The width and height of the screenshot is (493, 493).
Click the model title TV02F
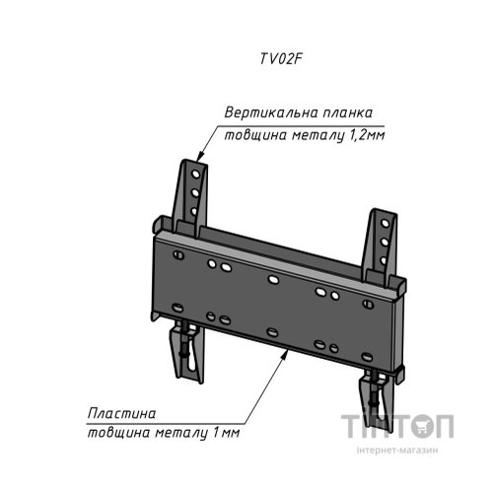[281, 59]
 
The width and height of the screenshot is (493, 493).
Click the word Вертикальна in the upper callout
[271, 112]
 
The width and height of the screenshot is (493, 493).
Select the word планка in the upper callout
[348, 113]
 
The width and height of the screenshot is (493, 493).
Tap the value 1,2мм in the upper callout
[366, 135]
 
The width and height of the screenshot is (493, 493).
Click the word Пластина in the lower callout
[121, 413]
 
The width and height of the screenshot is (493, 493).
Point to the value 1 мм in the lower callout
[226, 433]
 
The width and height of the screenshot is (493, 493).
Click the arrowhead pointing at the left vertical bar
[200, 156]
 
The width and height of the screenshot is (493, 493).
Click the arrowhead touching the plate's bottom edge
[286, 355]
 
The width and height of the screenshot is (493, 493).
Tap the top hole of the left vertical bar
[196, 174]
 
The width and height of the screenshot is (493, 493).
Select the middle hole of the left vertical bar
[195, 192]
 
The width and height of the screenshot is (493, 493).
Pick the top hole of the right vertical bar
[385, 224]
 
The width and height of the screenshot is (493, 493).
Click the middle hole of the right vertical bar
[385, 243]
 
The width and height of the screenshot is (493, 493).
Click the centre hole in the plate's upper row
[273, 280]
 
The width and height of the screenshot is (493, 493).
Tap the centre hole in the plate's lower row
[272, 332]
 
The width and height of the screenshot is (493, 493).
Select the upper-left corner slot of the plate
[178, 254]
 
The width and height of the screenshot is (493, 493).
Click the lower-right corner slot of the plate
[367, 357]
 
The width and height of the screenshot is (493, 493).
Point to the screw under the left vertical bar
[185, 343]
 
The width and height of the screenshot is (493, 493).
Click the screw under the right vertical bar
[374, 391]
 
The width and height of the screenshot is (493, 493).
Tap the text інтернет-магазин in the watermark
[397, 450]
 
